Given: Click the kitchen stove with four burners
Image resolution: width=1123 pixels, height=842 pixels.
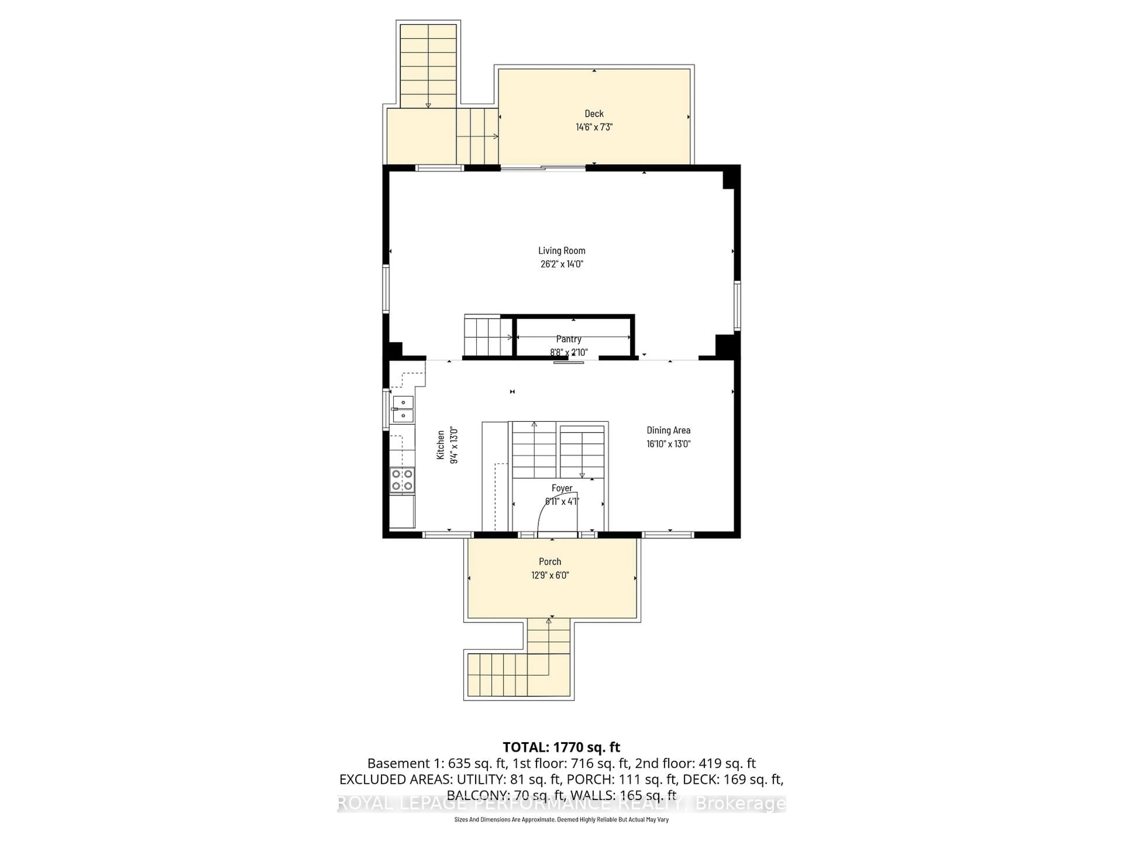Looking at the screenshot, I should [402, 480].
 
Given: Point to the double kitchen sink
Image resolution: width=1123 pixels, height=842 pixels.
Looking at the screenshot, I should [403, 409].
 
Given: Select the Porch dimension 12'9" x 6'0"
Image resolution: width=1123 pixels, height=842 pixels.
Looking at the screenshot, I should [550, 575].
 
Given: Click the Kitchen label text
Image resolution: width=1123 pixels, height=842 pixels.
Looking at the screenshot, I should [441, 445].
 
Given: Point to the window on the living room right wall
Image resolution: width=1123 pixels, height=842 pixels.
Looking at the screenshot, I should [737, 306].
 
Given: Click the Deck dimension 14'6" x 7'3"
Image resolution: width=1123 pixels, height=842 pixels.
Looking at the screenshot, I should [594, 127].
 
